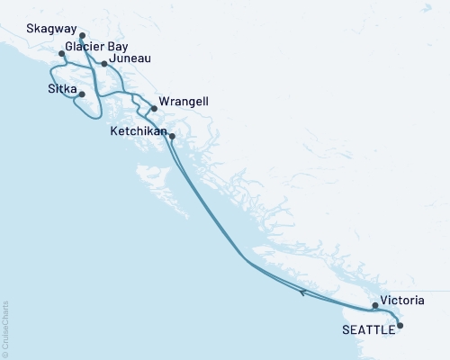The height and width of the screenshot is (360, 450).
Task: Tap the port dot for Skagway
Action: tap(82, 36)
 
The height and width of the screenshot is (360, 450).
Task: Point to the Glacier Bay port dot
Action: tap(61, 54)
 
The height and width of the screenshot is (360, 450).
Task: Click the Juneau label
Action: tap(130, 58)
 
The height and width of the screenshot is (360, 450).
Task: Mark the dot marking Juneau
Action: tap(104, 64)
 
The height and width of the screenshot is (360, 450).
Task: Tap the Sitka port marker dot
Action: tap(82, 94)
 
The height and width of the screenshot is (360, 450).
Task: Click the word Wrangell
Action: tap(184, 102)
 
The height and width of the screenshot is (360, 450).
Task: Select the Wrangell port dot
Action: tap(154, 109)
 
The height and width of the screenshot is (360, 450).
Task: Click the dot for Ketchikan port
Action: tap(172, 137)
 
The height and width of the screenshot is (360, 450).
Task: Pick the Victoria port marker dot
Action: tap(375, 306)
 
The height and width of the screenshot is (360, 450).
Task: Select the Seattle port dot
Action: tap(400, 326)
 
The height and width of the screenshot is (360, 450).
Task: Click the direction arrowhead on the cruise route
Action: tap(303, 292)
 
